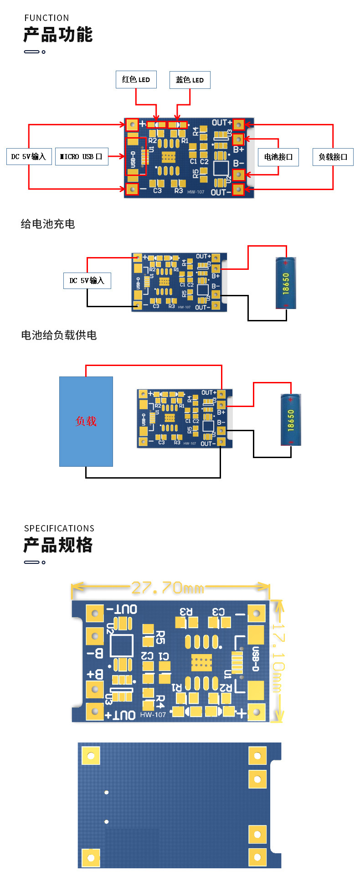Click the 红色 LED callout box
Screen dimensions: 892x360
point(136,79)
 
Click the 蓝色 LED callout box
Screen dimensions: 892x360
point(190,80)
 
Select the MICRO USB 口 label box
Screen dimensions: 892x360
point(81,156)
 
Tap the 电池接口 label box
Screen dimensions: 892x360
point(278,157)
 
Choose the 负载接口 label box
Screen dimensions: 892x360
point(333,157)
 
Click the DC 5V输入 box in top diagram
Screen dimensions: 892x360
point(29,156)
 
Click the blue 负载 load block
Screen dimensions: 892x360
point(86,421)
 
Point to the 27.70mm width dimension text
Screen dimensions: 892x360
point(167,588)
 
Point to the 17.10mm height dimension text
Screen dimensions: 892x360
point(278,658)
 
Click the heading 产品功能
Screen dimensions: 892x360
point(58,35)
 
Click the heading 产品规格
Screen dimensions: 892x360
point(58,545)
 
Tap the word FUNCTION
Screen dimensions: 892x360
point(46,18)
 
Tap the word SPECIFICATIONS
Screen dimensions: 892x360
point(59,528)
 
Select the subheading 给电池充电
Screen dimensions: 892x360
point(48,224)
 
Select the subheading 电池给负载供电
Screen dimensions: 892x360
point(59,335)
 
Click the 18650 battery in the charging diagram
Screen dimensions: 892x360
point(286,283)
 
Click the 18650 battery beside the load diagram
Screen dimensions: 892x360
point(291,420)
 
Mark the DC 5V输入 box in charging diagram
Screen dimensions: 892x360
point(87,280)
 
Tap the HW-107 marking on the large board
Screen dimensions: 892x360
point(153,714)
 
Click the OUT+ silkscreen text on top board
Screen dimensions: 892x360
point(221,123)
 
